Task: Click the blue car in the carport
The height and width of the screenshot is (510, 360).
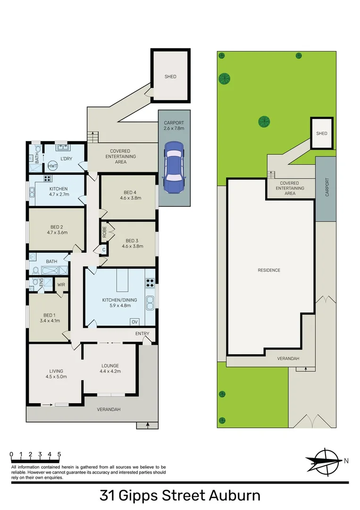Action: coord(174,167)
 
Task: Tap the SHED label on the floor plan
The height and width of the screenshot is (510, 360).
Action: coord(170,76)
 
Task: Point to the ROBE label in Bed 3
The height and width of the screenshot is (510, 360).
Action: coord(105,232)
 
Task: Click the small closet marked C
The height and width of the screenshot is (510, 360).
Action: coord(103,250)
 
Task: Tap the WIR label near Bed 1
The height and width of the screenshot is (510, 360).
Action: coord(61,285)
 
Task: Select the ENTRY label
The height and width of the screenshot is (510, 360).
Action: coord(142,334)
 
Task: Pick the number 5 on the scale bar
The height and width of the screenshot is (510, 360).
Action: coord(59,454)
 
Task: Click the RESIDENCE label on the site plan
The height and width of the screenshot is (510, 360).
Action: coord(269,270)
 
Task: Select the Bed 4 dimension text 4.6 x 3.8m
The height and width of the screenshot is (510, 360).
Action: coord(128,199)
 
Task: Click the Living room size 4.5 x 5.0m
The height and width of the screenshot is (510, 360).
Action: coord(56,377)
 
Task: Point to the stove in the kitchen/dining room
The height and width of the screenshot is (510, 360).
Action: coord(150,284)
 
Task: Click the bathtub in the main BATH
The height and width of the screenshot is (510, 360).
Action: coord(55,271)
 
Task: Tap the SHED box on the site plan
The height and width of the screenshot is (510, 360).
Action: coord(321,133)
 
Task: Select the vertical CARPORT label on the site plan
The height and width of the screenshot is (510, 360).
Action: coord(327,187)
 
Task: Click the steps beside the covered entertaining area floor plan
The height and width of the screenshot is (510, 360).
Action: coord(93,137)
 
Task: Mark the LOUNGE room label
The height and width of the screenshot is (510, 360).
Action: coord(110,365)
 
